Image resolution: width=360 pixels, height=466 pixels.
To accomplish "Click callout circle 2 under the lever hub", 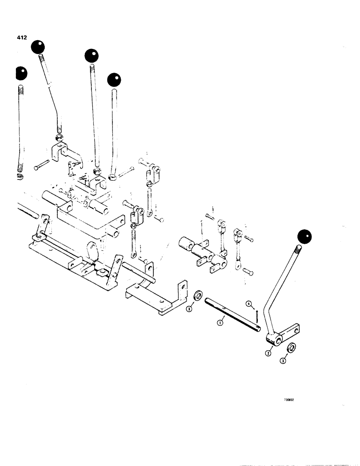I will [269, 353].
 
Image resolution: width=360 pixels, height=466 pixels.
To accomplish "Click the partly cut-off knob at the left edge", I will [21, 73].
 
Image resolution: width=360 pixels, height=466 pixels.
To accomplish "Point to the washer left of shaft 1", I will [198, 296].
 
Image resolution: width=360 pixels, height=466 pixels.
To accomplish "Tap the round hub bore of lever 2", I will [278, 341].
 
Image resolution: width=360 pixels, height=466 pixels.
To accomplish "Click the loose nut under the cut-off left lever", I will [20, 178].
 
